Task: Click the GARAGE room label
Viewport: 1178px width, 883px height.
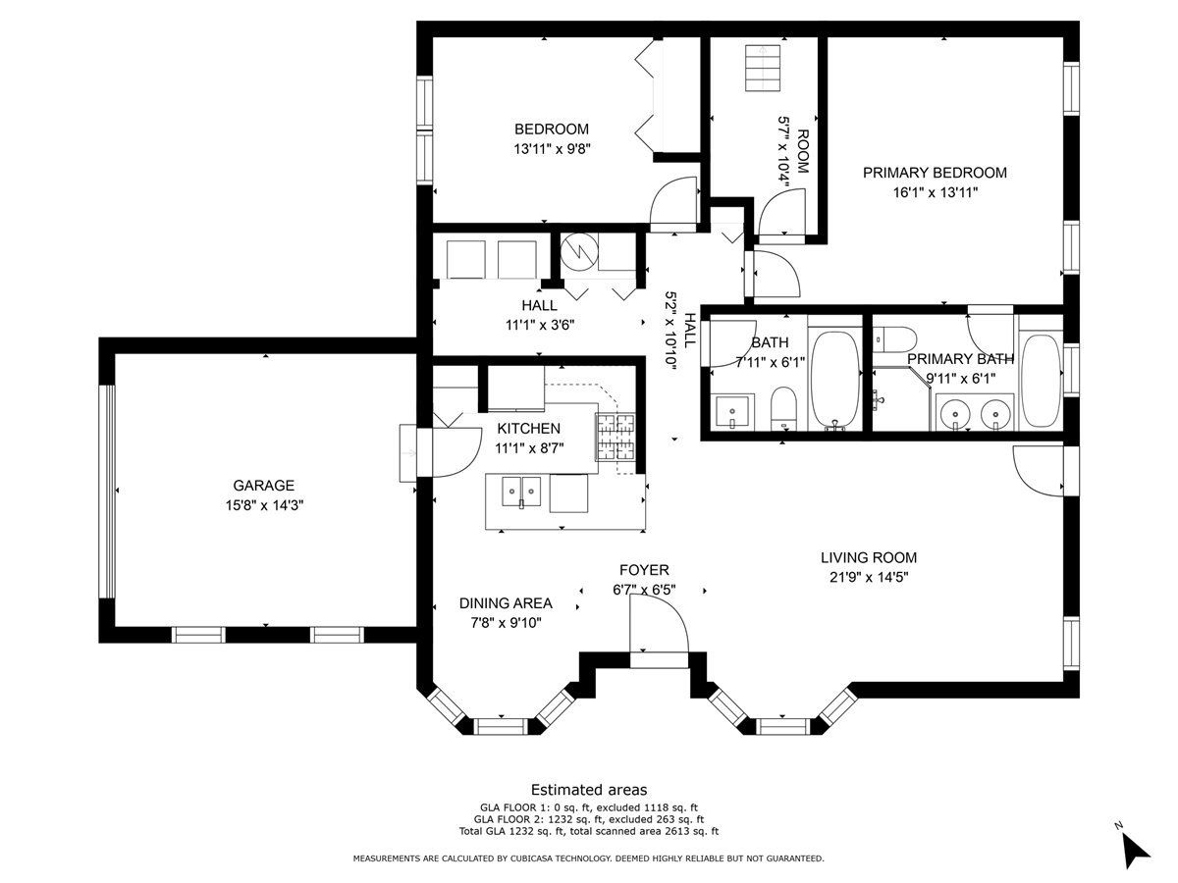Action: click(263, 486)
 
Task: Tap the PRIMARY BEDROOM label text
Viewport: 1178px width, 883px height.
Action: click(935, 173)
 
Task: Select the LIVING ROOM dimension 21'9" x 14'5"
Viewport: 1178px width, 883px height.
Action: click(869, 578)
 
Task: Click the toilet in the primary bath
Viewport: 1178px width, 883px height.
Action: click(894, 338)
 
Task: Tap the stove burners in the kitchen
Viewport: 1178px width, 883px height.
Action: click(616, 437)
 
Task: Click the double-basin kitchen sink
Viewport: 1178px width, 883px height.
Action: click(521, 492)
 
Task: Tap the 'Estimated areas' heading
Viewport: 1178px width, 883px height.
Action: click(589, 790)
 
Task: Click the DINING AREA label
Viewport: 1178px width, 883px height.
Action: click(506, 603)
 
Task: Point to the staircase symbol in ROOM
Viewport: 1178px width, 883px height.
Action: click(763, 68)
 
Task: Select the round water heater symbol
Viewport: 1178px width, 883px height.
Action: click(579, 250)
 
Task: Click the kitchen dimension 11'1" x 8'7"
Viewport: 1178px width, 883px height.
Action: click(529, 448)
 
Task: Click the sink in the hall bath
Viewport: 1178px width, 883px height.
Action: click(732, 412)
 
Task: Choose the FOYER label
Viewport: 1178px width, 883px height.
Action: click(644, 570)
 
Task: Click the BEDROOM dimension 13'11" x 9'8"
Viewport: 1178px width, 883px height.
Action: click(552, 149)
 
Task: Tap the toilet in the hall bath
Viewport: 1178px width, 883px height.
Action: click(784, 408)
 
